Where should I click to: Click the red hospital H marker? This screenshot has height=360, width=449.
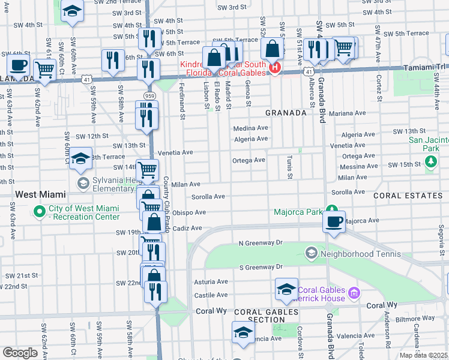(274, 67)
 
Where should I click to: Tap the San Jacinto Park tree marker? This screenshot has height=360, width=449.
(430, 161)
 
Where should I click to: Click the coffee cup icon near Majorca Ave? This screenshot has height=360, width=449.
(334, 220)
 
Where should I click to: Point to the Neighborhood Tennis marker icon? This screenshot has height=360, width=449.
(311, 253)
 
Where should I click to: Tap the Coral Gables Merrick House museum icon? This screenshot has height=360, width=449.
(354, 293)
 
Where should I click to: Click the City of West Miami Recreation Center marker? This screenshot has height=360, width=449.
(40, 211)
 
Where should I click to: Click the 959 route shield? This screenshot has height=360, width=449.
(149, 96)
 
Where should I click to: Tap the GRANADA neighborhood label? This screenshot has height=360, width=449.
(286, 112)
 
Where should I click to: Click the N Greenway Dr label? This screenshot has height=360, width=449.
(260, 243)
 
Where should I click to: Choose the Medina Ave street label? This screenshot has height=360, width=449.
(250, 128)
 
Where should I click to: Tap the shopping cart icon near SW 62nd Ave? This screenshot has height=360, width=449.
(45, 68)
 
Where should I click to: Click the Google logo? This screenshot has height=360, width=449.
(20, 353)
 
